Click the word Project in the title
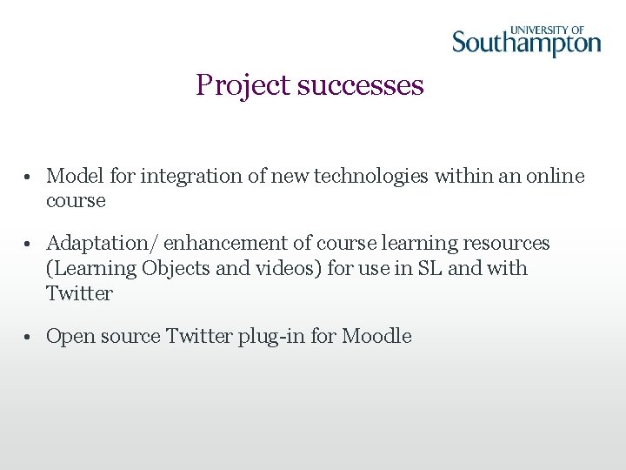point(243,85)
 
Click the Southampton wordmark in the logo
point(526,44)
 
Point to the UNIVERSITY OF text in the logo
point(549,29)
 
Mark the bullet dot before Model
point(29,177)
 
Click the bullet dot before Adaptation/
point(29,244)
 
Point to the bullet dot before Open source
point(29,337)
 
